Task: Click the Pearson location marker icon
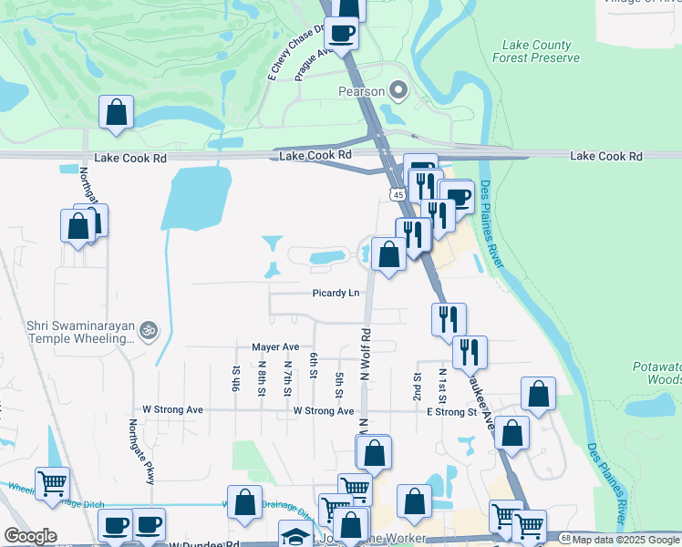click(398, 90)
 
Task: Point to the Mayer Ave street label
click(275, 347)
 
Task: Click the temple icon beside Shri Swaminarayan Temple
click(150, 330)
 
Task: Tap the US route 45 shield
click(398, 194)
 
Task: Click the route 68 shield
click(566, 540)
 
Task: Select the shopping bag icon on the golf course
click(117, 113)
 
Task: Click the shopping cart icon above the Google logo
click(52, 483)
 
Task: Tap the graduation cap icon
click(294, 535)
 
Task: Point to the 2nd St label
click(418, 386)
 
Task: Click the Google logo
click(31, 535)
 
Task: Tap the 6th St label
click(313, 364)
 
